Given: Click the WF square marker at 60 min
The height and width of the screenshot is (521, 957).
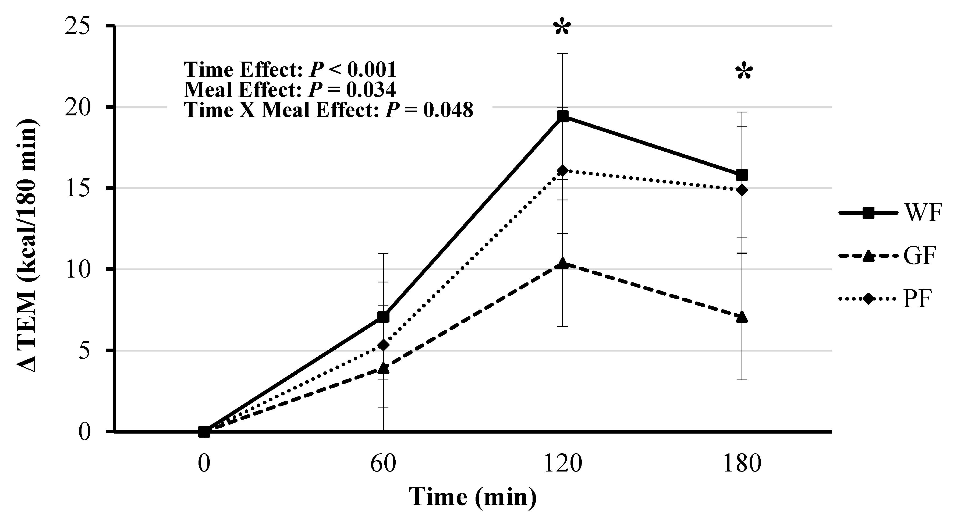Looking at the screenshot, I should [x=383, y=317].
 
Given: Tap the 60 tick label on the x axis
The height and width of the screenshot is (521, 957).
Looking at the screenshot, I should [x=383, y=464].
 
